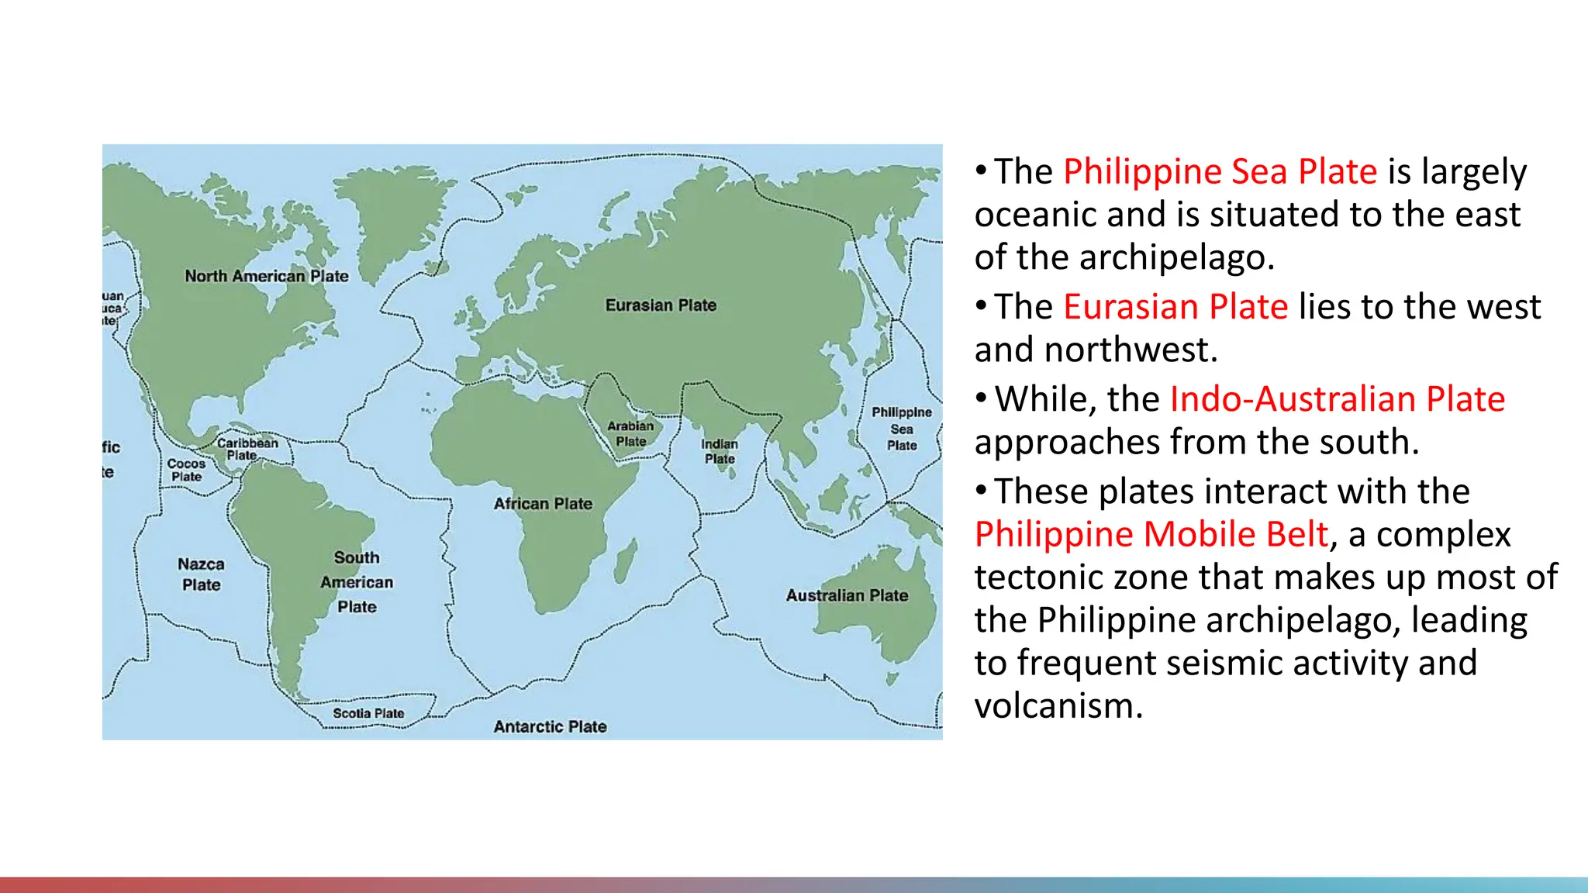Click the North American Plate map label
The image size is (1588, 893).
[266, 276]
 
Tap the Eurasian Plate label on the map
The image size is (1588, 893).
[661, 305]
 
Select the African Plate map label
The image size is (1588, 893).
[543, 504]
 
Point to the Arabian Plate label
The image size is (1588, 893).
[630, 434]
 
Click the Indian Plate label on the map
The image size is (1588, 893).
[720, 451]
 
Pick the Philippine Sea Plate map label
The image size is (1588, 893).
[902, 429]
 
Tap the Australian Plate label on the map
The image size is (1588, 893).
[847, 595]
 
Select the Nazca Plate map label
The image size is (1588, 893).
[201, 574]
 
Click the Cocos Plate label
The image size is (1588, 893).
[186, 470]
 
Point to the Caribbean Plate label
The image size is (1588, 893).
[247, 449]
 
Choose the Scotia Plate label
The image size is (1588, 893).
[368, 713]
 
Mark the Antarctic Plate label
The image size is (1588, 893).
[550, 727]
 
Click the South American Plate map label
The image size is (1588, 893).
[357, 582]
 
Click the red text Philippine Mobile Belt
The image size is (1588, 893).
[1151, 534]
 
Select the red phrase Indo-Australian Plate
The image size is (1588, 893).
[1337, 399]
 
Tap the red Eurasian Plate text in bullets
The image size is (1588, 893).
[1175, 307]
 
